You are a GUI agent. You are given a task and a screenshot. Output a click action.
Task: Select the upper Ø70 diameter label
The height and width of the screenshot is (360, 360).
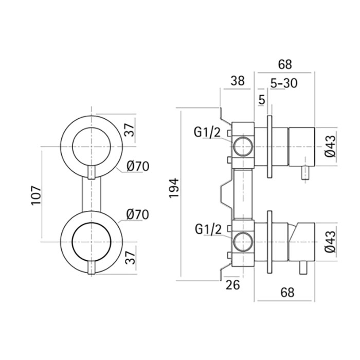click(x=137, y=166)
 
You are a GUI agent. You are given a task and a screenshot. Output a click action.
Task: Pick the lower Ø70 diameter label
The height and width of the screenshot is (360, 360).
click(x=137, y=214)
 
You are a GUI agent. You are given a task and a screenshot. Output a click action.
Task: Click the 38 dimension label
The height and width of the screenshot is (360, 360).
click(x=238, y=81)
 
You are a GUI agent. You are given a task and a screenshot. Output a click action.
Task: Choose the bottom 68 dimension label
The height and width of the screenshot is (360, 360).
click(x=288, y=293)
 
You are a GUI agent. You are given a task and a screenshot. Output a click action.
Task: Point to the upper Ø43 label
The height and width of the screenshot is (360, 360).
click(x=331, y=146)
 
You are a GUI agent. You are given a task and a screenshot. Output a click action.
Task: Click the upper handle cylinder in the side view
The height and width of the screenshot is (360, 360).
click(x=301, y=146)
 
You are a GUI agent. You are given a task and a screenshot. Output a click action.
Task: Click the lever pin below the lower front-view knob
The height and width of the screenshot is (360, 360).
click(x=91, y=268)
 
